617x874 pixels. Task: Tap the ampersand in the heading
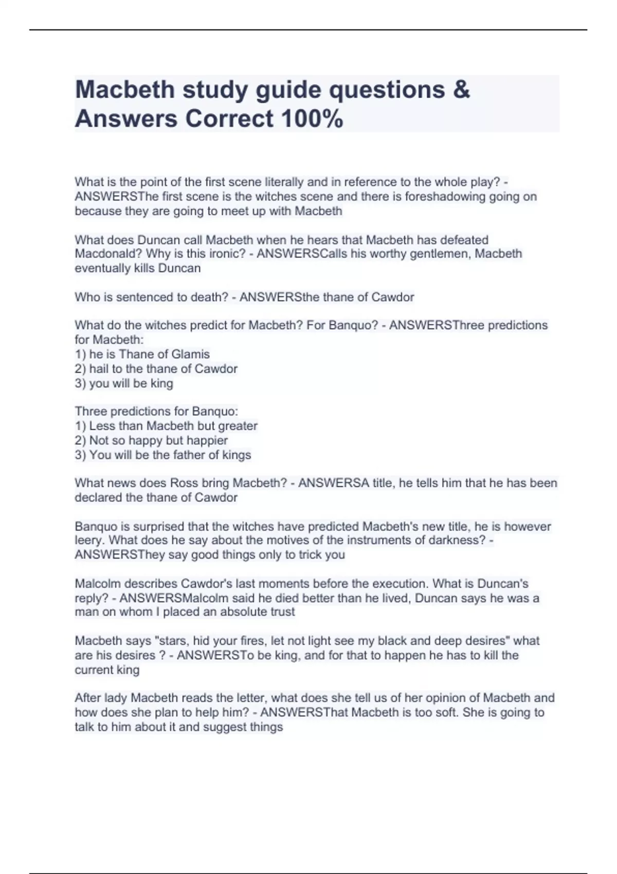462,89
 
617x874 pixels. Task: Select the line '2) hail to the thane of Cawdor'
156,369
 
